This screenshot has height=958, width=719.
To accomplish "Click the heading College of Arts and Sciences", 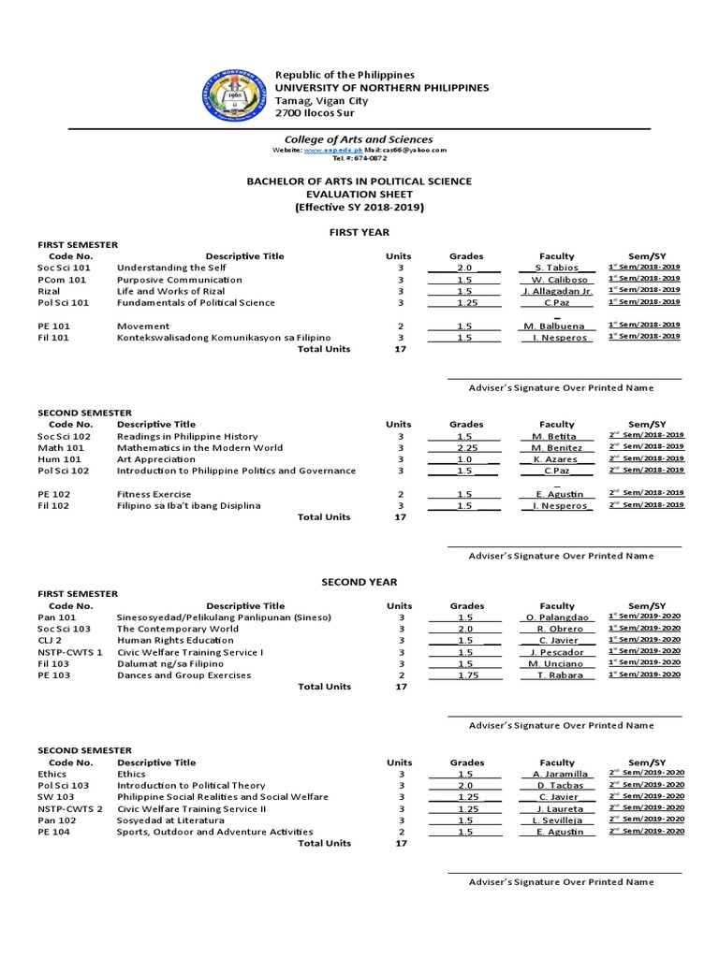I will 359,139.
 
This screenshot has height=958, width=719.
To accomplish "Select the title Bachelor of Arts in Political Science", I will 359,181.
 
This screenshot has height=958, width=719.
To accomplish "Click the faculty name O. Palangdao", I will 556,617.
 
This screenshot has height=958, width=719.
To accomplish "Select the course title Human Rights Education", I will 175,640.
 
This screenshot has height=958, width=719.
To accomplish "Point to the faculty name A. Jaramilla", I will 560,775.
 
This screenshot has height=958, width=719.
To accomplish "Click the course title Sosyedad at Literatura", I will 175,820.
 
